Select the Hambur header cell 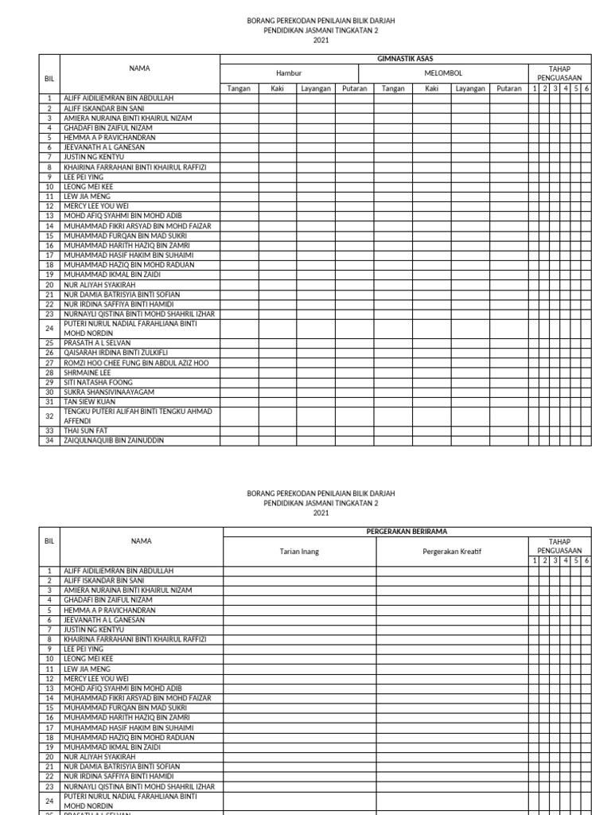(x=289, y=73)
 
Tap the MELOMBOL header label (x=443, y=73)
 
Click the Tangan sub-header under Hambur (x=239, y=88)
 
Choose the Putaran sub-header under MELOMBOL (x=509, y=88)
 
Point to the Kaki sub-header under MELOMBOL (x=432, y=88)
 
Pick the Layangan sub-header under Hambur (x=316, y=88)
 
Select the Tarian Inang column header (x=299, y=552)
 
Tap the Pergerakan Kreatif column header (x=452, y=552)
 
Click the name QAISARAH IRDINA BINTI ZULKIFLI (x=116, y=353)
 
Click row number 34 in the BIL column (x=49, y=440)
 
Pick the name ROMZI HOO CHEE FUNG (x=136, y=362)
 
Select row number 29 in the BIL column (x=49, y=382)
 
